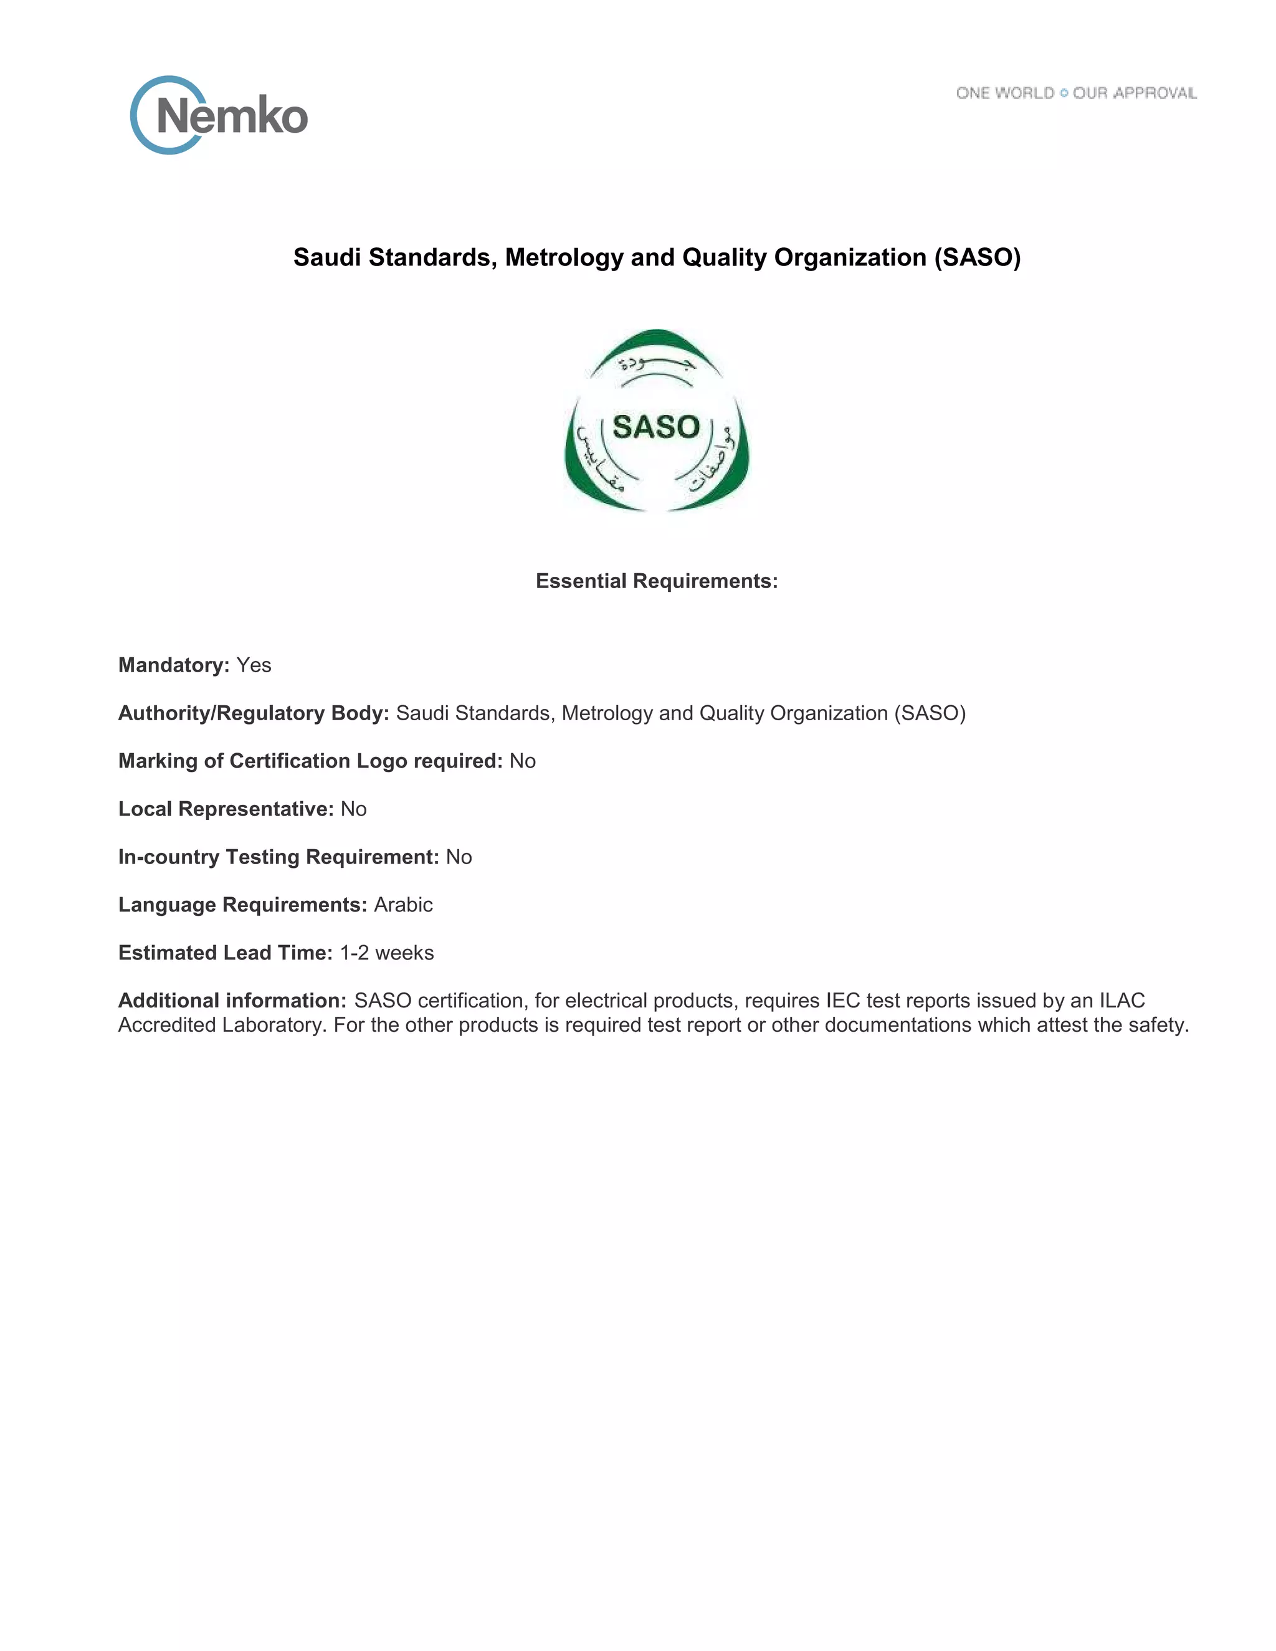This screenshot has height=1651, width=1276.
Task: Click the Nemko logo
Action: [219, 116]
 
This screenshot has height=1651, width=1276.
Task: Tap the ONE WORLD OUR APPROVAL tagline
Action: [1075, 93]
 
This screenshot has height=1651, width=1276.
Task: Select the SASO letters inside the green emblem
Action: [655, 427]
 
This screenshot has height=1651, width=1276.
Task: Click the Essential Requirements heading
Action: [656, 581]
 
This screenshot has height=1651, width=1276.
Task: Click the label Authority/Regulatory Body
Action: [253, 713]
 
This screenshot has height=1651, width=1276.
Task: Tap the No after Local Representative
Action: [353, 809]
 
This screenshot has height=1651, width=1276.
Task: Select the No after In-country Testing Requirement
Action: [458, 857]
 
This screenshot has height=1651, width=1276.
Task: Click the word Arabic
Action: [403, 905]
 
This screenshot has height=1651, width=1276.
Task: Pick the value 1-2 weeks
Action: [386, 953]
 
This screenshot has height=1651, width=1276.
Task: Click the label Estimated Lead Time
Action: [226, 953]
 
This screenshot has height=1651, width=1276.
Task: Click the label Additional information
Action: [232, 1001]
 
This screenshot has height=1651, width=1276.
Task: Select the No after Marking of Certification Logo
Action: [522, 761]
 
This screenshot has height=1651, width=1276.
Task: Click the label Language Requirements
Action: [242, 905]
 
